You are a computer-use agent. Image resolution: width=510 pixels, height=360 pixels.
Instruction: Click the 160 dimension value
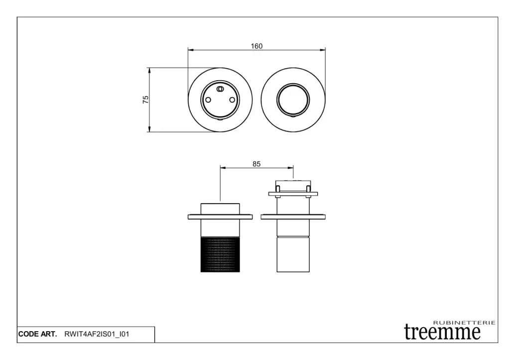tap(256, 46)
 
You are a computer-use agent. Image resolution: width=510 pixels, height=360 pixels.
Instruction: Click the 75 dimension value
tap(146, 100)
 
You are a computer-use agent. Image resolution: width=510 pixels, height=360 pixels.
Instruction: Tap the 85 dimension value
tap(256, 164)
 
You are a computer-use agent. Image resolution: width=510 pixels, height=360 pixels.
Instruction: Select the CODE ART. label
tap(37, 334)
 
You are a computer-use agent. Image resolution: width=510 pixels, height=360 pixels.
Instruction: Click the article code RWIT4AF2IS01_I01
tap(97, 334)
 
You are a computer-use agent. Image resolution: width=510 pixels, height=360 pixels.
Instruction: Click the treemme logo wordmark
tap(442, 332)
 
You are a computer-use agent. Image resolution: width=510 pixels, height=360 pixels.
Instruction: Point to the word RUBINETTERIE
tap(465, 323)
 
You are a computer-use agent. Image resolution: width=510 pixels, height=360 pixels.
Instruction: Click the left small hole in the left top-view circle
tap(208, 100)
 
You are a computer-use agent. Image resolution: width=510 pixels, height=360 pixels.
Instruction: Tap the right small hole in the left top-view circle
tap(232, 100)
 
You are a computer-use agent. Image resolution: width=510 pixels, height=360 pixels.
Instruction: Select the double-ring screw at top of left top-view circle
tap(220, 89)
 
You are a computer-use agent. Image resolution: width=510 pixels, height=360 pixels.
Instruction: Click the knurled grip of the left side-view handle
tap(220, 254)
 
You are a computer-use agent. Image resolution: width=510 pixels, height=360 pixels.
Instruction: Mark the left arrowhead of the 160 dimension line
tap(191, 50)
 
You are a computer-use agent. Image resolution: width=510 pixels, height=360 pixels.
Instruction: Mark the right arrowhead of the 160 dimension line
tap(322, 50)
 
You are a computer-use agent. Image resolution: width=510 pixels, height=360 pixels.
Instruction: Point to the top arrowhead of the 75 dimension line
tap(149, 71)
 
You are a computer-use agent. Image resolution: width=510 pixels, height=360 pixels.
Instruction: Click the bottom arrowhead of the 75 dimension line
tap(149, 129)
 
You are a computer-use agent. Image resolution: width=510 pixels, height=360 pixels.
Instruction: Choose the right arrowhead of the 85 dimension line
tap(290, 168)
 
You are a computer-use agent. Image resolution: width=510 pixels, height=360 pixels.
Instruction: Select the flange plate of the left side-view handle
tap(220, 217)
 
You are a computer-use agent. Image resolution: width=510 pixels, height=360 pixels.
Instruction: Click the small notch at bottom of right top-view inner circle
tap(293, 117)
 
